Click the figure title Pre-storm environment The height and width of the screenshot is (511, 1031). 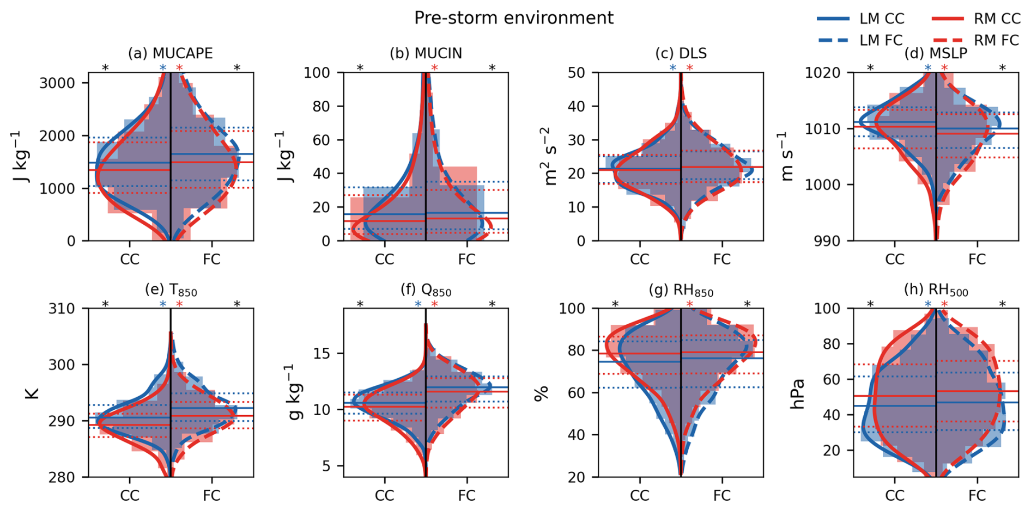(513, 18)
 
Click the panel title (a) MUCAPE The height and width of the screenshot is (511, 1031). (170, 53)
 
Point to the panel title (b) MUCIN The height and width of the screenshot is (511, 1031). (426, 53)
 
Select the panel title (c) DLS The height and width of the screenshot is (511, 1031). (681, 53)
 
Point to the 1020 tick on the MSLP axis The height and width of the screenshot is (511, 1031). (823, 72)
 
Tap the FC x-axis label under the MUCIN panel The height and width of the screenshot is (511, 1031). (466, 260)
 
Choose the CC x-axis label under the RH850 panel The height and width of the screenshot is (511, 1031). (639, 496)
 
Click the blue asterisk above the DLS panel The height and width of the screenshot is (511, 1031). (672, 68)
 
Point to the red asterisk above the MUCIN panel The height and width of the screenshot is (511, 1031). (434, 68)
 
